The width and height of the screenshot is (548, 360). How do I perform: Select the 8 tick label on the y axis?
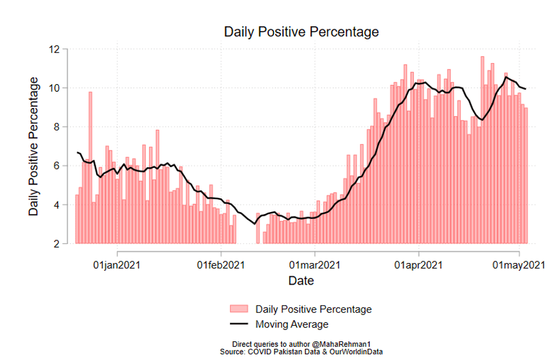tap(57, 127)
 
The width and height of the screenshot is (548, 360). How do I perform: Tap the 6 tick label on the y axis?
tap(57, 166)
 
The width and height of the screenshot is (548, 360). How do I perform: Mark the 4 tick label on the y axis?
tap(57, 205)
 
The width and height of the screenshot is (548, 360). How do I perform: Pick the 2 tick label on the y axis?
tap(57, 244)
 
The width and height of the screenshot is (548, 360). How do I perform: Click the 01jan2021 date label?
tap(117, 265)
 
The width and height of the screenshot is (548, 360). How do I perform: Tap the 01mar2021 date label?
tap(315, 265)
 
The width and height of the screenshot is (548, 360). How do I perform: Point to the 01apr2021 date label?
tap(418, 265)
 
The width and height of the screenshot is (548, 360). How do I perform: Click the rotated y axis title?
tap(34, 147)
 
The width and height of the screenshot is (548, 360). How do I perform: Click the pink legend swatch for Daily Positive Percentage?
tap(241, 309)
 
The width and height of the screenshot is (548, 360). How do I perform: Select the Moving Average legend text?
tap(292, 324)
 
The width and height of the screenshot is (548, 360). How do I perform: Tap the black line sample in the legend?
tap(241, 324)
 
